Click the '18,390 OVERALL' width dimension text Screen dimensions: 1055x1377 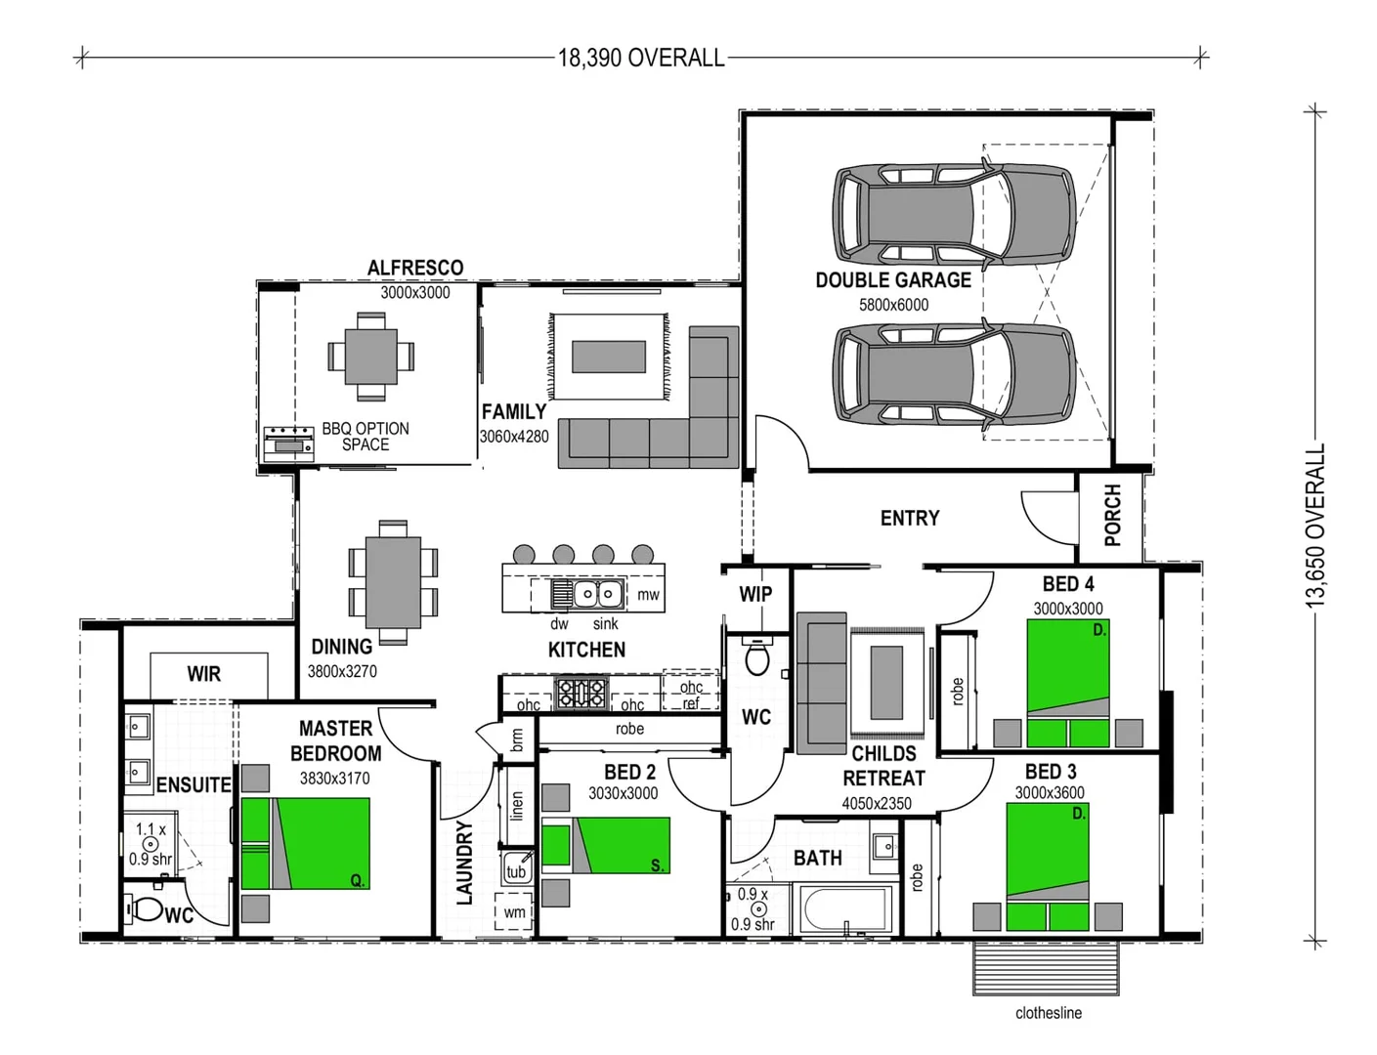(x=641, y=58)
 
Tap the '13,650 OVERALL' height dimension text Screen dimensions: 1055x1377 (x=1316, y=526)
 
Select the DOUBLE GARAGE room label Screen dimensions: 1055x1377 (x=892, y=280)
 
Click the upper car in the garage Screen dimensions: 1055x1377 (x=953, y=214)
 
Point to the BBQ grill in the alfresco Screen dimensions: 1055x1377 (x=288, y=443)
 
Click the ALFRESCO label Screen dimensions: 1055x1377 (x=415, y=268)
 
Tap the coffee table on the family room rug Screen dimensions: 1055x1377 (x=609, y=357)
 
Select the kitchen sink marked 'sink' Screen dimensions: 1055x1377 (x=597, y=593)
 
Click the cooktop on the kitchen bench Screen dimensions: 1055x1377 (x=581, y=694)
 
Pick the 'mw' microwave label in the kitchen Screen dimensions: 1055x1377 (x=648, y=594)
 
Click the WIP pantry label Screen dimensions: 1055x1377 (x=755, y=594)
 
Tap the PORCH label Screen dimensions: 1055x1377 (x=1112, y=515)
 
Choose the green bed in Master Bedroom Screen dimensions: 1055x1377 (x=306, y=843)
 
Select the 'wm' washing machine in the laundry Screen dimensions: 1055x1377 (x=514, y=912)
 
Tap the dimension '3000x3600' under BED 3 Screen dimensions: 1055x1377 (x=1049, y=793)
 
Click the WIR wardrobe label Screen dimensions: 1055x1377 (x=204, y=674)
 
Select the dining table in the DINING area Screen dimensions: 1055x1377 (x=393, y=582)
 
